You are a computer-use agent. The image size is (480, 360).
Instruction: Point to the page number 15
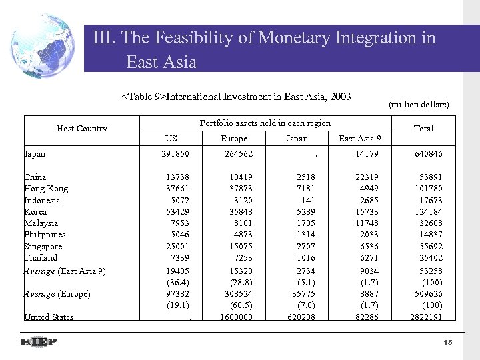[447, 342]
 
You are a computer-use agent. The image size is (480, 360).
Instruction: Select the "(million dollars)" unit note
[418, 104]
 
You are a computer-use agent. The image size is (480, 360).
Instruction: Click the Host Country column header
[81, 128]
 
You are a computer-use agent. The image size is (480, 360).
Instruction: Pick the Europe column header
[233, 139]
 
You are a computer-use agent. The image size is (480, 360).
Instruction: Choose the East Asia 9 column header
[359, 139]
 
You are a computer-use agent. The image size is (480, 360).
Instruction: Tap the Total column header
[423, 128]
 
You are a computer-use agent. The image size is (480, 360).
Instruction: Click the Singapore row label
[44, 246]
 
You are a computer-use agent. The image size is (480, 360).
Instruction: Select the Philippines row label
[45, 235]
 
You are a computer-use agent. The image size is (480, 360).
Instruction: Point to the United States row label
[49, 317]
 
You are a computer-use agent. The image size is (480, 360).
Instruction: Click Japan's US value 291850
[175, 154]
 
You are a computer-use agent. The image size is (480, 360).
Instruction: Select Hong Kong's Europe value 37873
[237, 189]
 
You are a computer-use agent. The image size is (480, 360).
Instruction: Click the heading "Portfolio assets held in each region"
[265, 123]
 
